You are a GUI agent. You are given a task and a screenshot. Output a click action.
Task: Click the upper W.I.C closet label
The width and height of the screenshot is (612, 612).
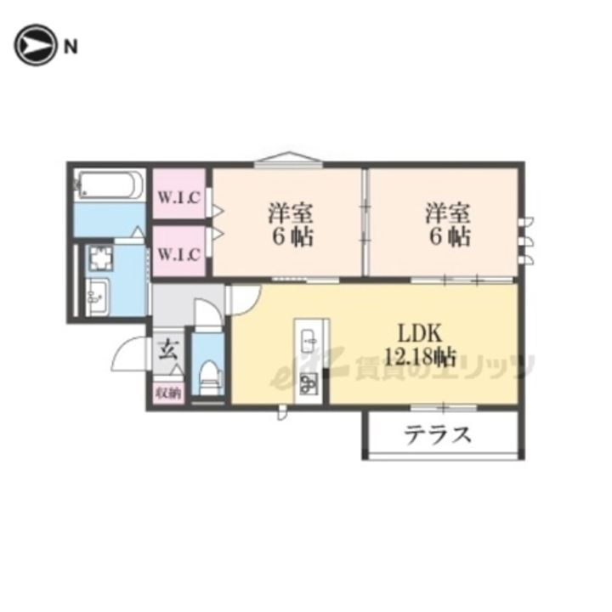coord(179,198)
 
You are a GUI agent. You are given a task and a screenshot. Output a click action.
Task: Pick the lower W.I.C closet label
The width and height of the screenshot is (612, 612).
coord(179,252)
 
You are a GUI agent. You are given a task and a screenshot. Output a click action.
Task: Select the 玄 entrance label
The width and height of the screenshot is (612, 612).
coord(167,349)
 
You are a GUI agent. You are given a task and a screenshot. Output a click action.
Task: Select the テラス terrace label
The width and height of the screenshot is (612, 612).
coord(437,435)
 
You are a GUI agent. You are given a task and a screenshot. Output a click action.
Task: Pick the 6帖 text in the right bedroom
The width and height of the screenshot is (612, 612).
coord(448,236)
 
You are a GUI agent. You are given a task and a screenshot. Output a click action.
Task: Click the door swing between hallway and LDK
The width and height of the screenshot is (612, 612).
coord(244,297)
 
